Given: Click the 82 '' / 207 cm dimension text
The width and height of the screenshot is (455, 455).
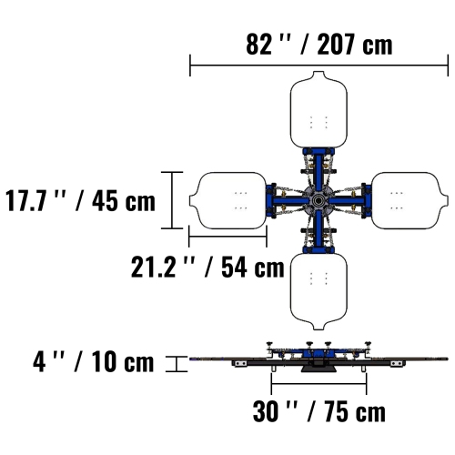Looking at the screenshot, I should tap(318, 44).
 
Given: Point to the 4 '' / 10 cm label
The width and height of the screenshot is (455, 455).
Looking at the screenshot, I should tap(94, 362).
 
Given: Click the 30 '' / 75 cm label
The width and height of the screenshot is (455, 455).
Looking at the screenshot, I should tap(318, 411).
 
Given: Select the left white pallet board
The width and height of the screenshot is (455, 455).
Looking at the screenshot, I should tap(227, 200).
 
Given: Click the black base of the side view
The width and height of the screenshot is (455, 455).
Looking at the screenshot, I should tap(318, 365).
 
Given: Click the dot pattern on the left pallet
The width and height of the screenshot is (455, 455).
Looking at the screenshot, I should tap(241, 200).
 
